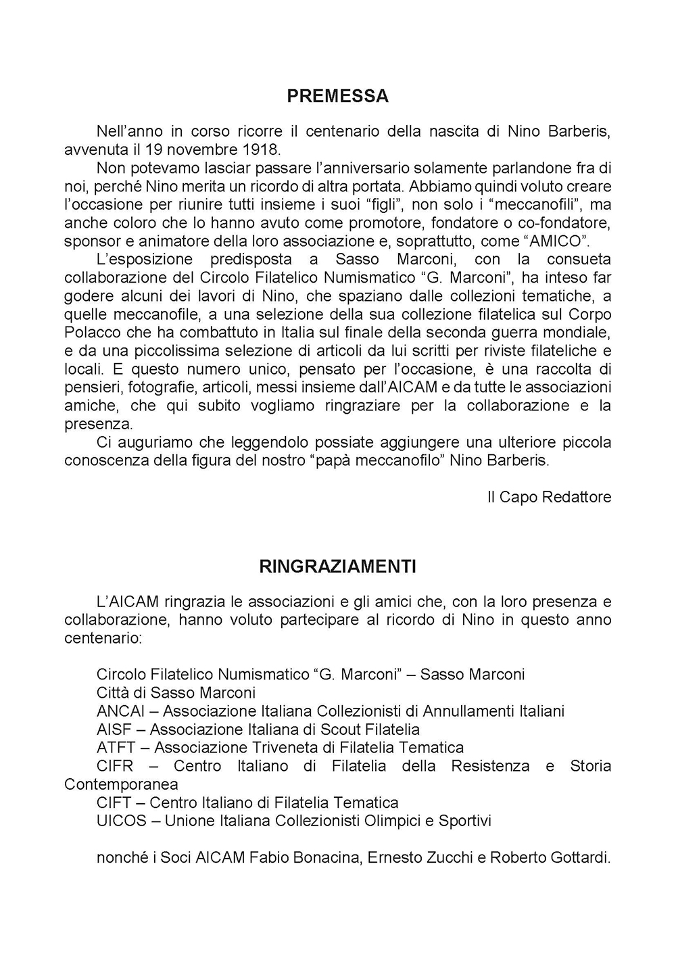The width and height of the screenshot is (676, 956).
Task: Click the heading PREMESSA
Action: tap(337, 96)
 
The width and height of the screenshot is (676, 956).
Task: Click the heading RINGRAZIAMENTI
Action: tap(337, 567)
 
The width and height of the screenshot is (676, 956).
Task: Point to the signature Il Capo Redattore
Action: tap(549, 497)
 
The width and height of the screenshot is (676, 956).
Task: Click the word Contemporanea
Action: tap(121, 784)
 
